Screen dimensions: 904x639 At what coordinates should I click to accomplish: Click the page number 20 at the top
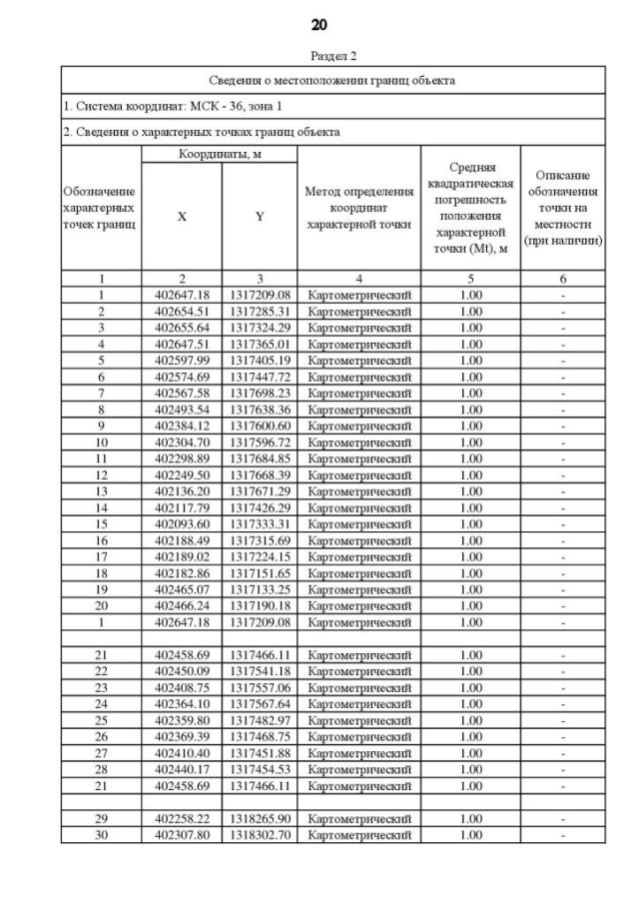pos(319,24)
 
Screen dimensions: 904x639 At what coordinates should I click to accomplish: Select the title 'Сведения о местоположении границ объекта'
pos(333,80)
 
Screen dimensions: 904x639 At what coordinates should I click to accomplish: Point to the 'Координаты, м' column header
pos(220,155)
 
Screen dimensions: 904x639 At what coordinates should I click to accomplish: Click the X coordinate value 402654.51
pos(182,312)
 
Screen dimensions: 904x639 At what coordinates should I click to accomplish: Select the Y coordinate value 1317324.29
pos(260,328)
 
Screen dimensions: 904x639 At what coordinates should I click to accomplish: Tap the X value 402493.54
pos(182,410)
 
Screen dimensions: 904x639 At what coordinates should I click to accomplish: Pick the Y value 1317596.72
pos(260,443)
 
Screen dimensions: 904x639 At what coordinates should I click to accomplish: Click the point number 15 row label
pos(101,524)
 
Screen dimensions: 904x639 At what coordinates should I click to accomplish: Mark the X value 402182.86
pos(182,573)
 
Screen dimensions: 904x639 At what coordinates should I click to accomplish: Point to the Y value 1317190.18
pos(260,605)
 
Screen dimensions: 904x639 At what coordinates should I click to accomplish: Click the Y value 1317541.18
pos(260,671)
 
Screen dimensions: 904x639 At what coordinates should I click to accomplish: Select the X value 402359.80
pos(182,720)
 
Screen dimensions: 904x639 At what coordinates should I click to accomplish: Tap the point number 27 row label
pos(101,753)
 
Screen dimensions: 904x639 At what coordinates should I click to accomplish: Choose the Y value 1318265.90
pos(260,818)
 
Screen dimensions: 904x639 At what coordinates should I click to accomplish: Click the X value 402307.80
pos(182,835)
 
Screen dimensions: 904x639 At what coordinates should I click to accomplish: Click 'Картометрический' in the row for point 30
pos(359,835)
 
